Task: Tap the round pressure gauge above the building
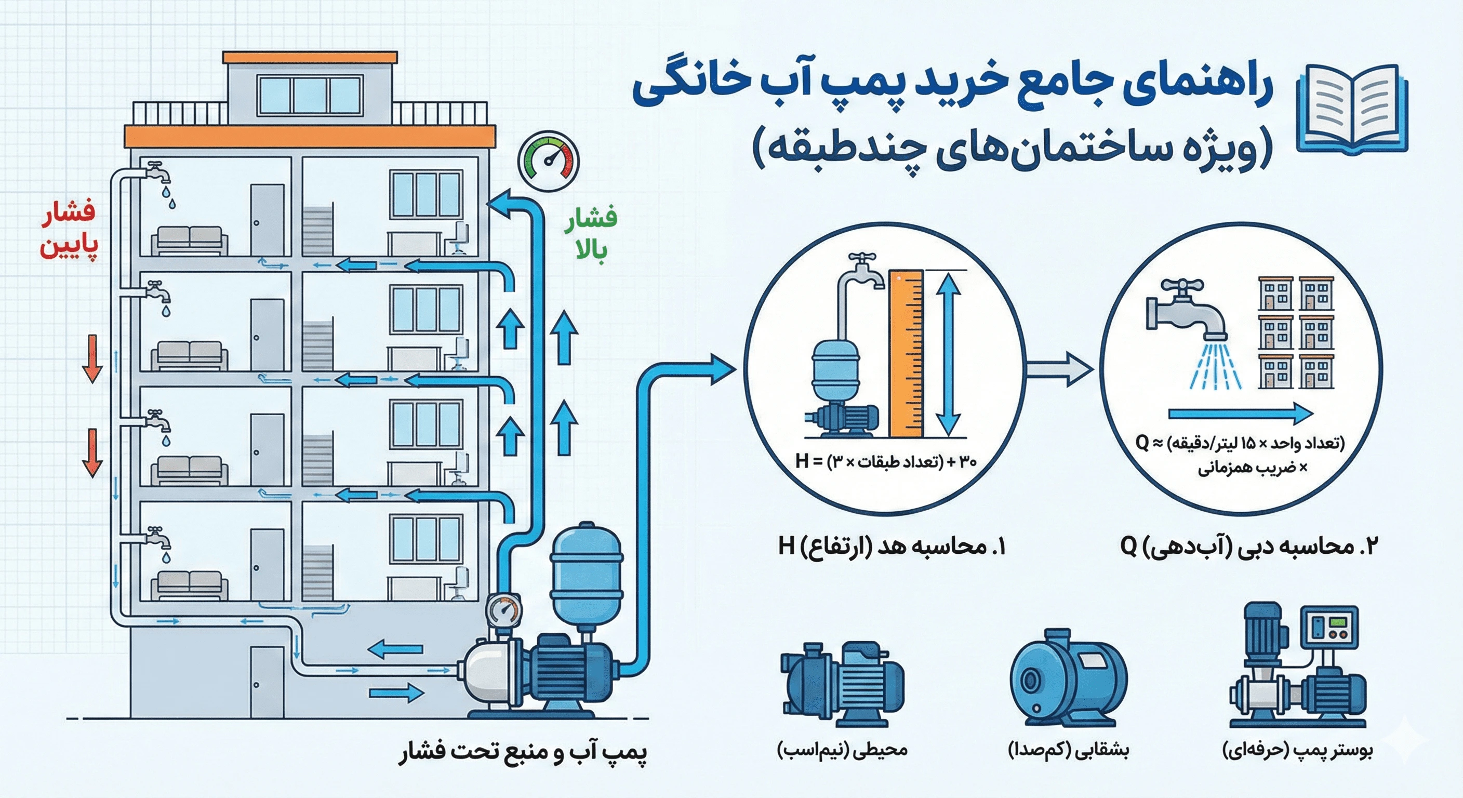(548, 162)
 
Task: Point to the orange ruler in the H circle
(907, 355)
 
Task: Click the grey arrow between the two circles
(1059, 369)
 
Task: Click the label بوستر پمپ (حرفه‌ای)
(1297, 751)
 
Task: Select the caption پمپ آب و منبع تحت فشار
(523, 753)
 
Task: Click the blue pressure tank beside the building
(587, 574)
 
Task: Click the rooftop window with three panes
(310, 95)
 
